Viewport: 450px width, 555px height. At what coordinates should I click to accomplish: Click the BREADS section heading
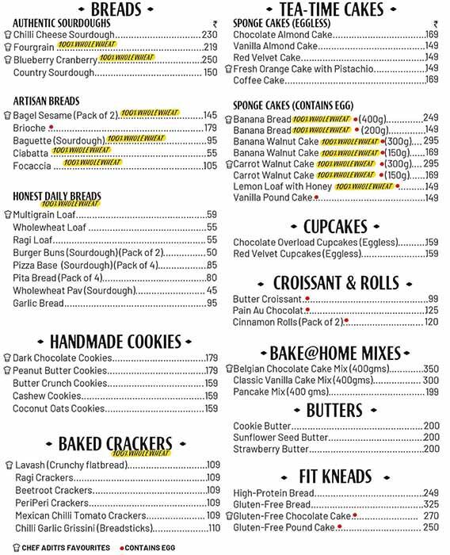116,10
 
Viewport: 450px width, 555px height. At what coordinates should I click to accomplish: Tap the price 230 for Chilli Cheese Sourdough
209,35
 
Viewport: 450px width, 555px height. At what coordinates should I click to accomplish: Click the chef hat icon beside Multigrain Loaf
7,215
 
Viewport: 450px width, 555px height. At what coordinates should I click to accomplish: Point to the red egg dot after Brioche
51,127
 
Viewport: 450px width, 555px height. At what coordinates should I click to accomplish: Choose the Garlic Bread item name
38,303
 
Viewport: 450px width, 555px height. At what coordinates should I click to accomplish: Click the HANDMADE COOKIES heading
116,342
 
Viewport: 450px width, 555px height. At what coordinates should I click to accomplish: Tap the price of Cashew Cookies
212,396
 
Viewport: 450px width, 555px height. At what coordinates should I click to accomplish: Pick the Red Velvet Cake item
267,58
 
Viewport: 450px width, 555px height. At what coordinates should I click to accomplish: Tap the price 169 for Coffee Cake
432,80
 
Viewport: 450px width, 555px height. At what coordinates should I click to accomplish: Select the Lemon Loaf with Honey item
282,186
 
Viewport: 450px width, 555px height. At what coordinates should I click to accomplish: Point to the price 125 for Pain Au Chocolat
432,311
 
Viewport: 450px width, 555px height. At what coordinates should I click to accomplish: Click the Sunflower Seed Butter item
280,437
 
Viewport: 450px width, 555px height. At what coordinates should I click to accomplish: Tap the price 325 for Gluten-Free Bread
431,504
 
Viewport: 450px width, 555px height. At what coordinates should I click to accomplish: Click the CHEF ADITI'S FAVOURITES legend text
66,548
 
